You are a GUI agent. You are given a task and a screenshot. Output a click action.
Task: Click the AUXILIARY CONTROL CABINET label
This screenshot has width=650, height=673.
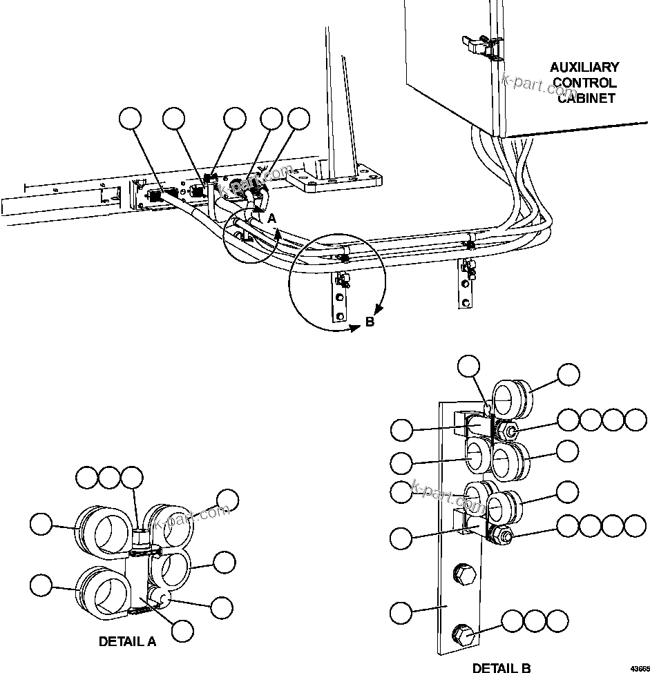click(x=584, y=82)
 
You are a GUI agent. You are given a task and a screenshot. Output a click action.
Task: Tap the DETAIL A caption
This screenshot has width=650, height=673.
click(x=127, y=641)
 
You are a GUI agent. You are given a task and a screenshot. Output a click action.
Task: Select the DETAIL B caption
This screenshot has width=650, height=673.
click(x=501, y=667)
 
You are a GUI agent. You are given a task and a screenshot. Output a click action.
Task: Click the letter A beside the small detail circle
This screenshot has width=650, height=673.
click(x=272, y=218)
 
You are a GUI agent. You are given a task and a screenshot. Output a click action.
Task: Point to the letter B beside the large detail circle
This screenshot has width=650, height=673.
click(x=370, y=322)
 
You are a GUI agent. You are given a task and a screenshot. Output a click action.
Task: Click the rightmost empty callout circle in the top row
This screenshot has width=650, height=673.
click(x=298, y=119)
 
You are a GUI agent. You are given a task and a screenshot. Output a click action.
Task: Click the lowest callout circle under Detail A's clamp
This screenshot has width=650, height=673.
click(x=182, y=630)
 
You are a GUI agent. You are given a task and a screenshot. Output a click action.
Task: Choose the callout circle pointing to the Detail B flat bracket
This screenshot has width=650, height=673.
click(x=401, y=612)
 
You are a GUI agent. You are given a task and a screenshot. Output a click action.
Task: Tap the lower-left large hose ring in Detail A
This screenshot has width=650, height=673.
click(x=103, y=591)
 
